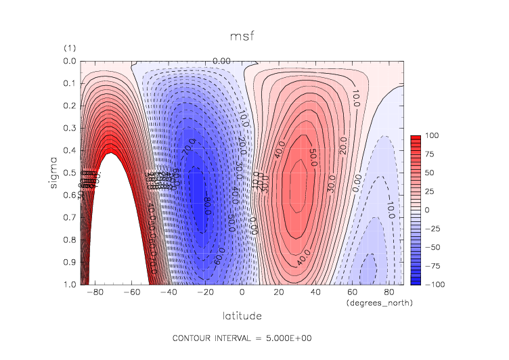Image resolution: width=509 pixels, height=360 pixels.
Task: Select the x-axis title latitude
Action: point(242,315)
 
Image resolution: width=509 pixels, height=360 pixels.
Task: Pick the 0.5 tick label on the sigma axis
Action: point(69,173)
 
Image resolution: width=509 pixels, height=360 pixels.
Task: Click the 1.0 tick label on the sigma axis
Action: point(69,284)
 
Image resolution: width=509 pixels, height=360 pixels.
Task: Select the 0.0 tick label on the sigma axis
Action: point(69,62)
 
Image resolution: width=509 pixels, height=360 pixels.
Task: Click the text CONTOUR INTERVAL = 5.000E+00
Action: point(242,337)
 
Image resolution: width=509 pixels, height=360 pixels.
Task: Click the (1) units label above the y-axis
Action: point(69,48)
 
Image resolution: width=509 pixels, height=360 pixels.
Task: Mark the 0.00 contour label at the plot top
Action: point(222,62)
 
